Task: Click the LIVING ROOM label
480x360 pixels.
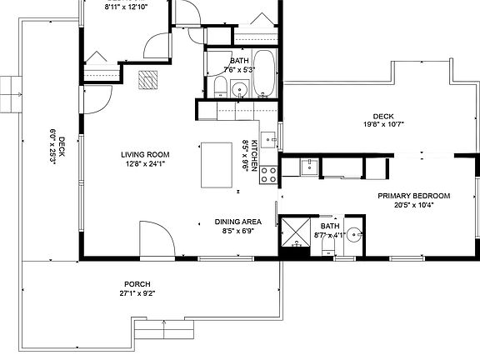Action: (x=145, y=154)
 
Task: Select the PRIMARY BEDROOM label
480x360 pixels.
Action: (x=413, y=196)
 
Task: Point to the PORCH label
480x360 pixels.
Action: (x=137, y=283)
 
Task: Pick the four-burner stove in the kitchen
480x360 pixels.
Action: (x=270, y=174)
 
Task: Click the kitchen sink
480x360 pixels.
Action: (x=268, y=139)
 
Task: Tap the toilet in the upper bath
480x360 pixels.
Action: (x=218, y=89)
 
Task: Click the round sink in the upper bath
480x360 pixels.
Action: (x=240, y=89)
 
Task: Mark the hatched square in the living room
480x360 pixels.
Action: (x=148, y=78)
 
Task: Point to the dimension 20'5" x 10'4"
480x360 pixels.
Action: (x=413, y=205)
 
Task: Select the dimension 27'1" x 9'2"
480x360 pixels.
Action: (x=137, y=293)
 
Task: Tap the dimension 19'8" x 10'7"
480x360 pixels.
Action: (x=383, y=125)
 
